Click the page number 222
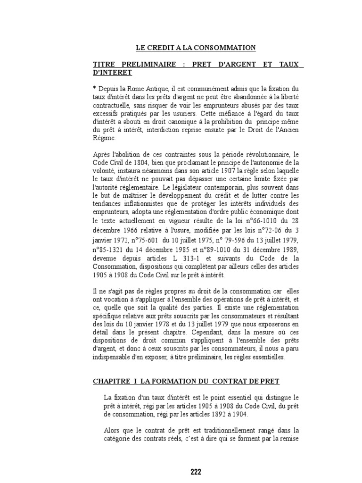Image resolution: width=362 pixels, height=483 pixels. [196, 458]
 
